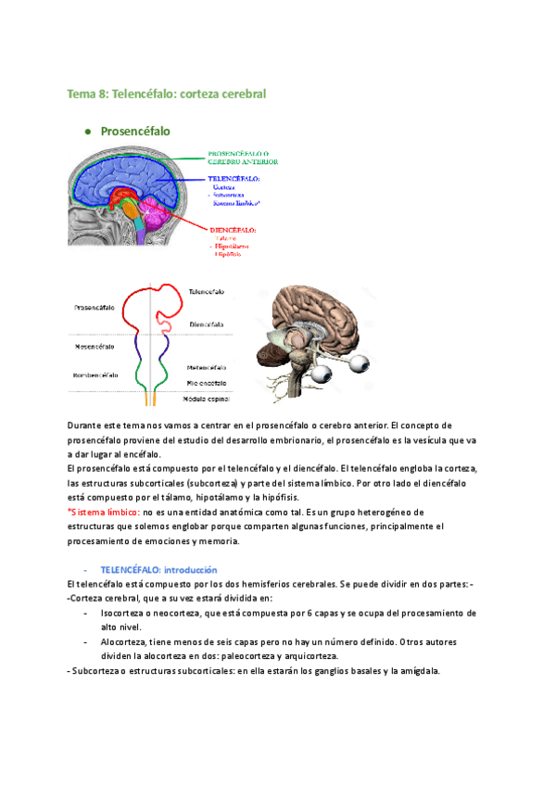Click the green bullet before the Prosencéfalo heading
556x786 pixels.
[x=88, y=133]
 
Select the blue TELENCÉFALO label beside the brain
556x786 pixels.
[x=234, y=178]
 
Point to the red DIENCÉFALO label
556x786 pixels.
[x=232, y=229]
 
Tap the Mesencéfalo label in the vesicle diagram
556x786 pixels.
[x=94, y=346]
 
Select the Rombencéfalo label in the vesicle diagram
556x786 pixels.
[x=94, y=375]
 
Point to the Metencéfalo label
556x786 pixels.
[x=211, y=367]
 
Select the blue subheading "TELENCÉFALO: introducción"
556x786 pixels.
[x=158, y=569]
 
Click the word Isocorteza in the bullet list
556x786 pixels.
[x=124, y=614]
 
